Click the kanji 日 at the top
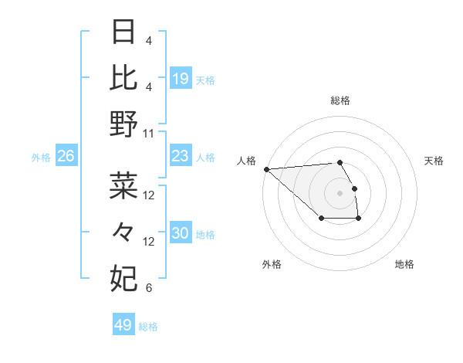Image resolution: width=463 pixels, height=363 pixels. pyautogui.click(x=123, y=32)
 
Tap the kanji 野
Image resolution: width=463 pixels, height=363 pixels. pyautogui.click(x=123, y=124)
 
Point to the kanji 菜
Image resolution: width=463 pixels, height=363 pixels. pyautogui.click(x=123, y=185)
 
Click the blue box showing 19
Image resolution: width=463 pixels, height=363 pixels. pyautogui.click(x=181, y=78)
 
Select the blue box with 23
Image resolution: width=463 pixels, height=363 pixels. pyautogui.click(x=181, y=157)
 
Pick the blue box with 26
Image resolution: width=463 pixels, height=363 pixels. pyautogui.click(x=66, y=157)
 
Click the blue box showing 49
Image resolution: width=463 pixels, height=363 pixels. pyautogui.click(x=123, y=325)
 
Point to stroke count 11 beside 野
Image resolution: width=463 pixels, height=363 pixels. pyautogui.click(x=149, y=133)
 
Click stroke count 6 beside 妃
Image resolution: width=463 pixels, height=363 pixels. pyautogui.click(x=148, y=288)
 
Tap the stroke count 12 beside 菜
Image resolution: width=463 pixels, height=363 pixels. pyautogui.click(x=149, y=195)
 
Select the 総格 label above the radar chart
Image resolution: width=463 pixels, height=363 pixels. pyautogui.click(x=340, y=100)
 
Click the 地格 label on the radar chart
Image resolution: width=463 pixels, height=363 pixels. pyautogui.click(x=404, y=264)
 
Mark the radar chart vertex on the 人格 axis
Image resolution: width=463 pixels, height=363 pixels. pyautogui.click(x=266, y=168)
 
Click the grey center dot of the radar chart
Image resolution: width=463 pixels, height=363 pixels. pyautogui.click(x=340, y=192)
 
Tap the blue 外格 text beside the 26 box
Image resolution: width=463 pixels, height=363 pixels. pyautogui.click(x=41, y=158)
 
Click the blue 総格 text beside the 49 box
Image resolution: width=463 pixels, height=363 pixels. pyautogui.click(x=148, y=327)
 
